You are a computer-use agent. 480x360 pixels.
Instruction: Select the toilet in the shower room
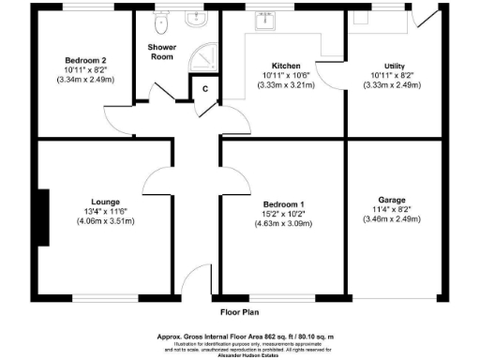pyautogui.click(x=160, y=21)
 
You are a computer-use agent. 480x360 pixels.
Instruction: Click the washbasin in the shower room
pyautogui.click(x=199, y=19)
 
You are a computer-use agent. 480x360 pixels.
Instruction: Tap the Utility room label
pyautogui.click(x=381, y=65)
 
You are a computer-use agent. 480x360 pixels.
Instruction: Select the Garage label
pyautogui.click(x=392, y=200)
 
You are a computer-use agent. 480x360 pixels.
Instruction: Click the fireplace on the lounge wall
pyautogui.click(x=43, y=218)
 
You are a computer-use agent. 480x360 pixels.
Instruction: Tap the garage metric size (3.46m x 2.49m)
pyautogui.click(x=392, y=220)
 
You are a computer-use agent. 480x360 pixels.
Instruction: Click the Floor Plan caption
pyautogui.click(x=239, y=312)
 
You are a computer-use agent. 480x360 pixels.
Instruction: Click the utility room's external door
pyautogui.click(x=426, y=20)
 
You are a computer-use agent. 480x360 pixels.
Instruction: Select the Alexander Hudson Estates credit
pyautogui.click(x=239, y=355)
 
